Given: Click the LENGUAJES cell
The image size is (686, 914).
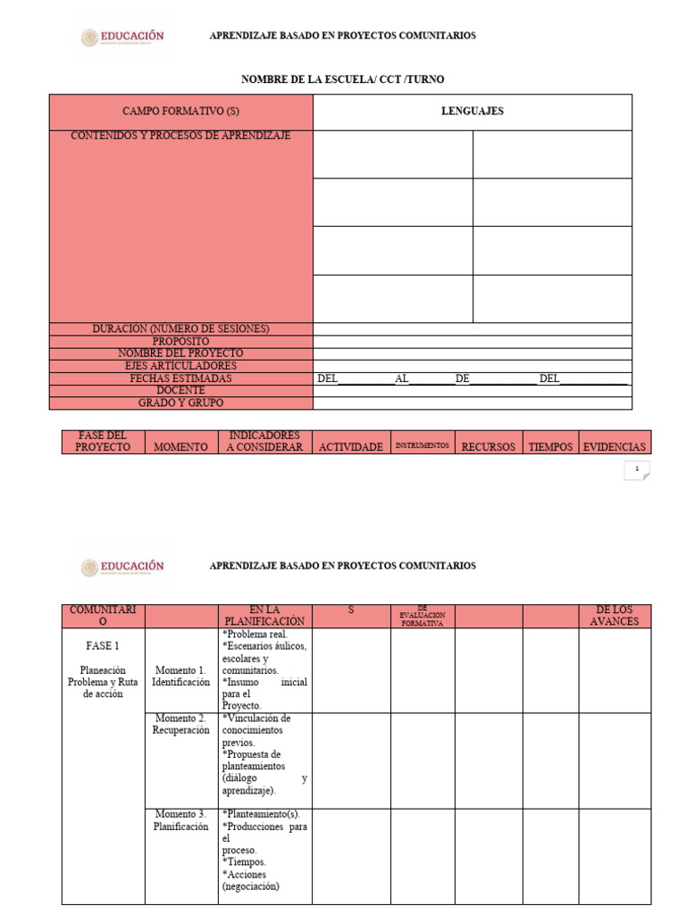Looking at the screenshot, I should coord(472,112).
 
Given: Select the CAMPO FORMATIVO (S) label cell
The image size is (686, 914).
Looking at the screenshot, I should coord(181,112).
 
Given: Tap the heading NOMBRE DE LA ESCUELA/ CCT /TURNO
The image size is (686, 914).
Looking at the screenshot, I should coord(342,79).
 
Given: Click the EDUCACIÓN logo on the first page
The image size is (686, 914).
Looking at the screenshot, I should coord(123,37).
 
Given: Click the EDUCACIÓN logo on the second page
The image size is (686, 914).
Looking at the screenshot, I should coord(123,567).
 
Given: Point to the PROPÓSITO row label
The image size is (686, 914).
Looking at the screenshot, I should coord(181,341).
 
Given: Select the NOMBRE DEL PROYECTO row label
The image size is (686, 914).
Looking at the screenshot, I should coord(181,353).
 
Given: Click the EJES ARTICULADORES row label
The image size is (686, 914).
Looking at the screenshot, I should coord(181,366).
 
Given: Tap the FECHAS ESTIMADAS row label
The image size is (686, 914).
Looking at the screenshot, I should coord(181,378).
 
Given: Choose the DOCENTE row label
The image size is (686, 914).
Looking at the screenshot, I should coord(181,390).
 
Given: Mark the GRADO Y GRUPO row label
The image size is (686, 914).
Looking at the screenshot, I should coord(181,403).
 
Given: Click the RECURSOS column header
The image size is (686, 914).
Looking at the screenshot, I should coord(488,446).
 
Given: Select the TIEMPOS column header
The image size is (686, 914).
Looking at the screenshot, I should coord(550,446).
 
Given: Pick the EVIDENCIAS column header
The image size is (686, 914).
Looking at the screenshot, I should coord(614,446).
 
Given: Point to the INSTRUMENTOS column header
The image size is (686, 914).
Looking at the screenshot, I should coord(422,445).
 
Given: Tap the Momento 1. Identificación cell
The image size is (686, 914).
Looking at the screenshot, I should coord(180,676).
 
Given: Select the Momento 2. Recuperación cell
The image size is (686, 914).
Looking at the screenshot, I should coord(180,724).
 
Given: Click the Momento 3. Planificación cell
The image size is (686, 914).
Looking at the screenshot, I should coord(180,820).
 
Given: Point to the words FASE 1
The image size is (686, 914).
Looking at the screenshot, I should coord(103,645).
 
